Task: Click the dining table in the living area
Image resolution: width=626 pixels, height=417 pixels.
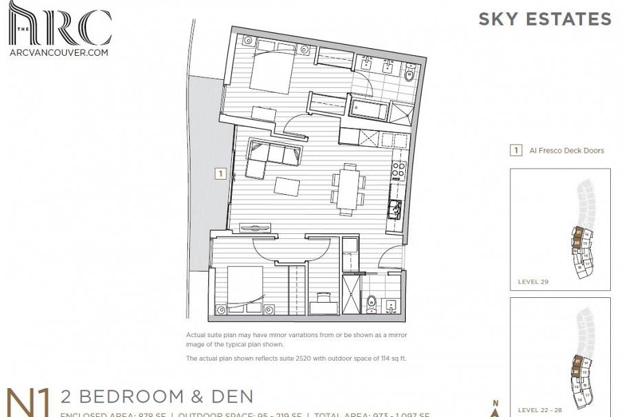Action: click(x=348, y=184)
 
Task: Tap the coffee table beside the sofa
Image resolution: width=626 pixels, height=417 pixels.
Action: click(x=288, y=186)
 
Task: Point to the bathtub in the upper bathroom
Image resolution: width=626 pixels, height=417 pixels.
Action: click(x=369, y=108)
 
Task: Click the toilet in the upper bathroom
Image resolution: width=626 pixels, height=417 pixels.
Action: click(x=411, y=75)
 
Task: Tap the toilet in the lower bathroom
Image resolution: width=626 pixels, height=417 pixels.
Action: click(x=371, y=303)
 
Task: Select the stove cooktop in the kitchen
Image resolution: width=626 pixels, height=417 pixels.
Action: click(x=397, y=167)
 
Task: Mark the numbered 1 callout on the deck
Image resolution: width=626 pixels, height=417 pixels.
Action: click(x=220, y=174)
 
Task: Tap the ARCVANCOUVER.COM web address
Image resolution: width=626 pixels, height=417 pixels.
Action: click(x=58, y=52)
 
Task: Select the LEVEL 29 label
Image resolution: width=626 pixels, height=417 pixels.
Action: click(x=534, y=282)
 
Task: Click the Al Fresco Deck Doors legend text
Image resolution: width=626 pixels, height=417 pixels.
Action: click(x=567, y=150)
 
